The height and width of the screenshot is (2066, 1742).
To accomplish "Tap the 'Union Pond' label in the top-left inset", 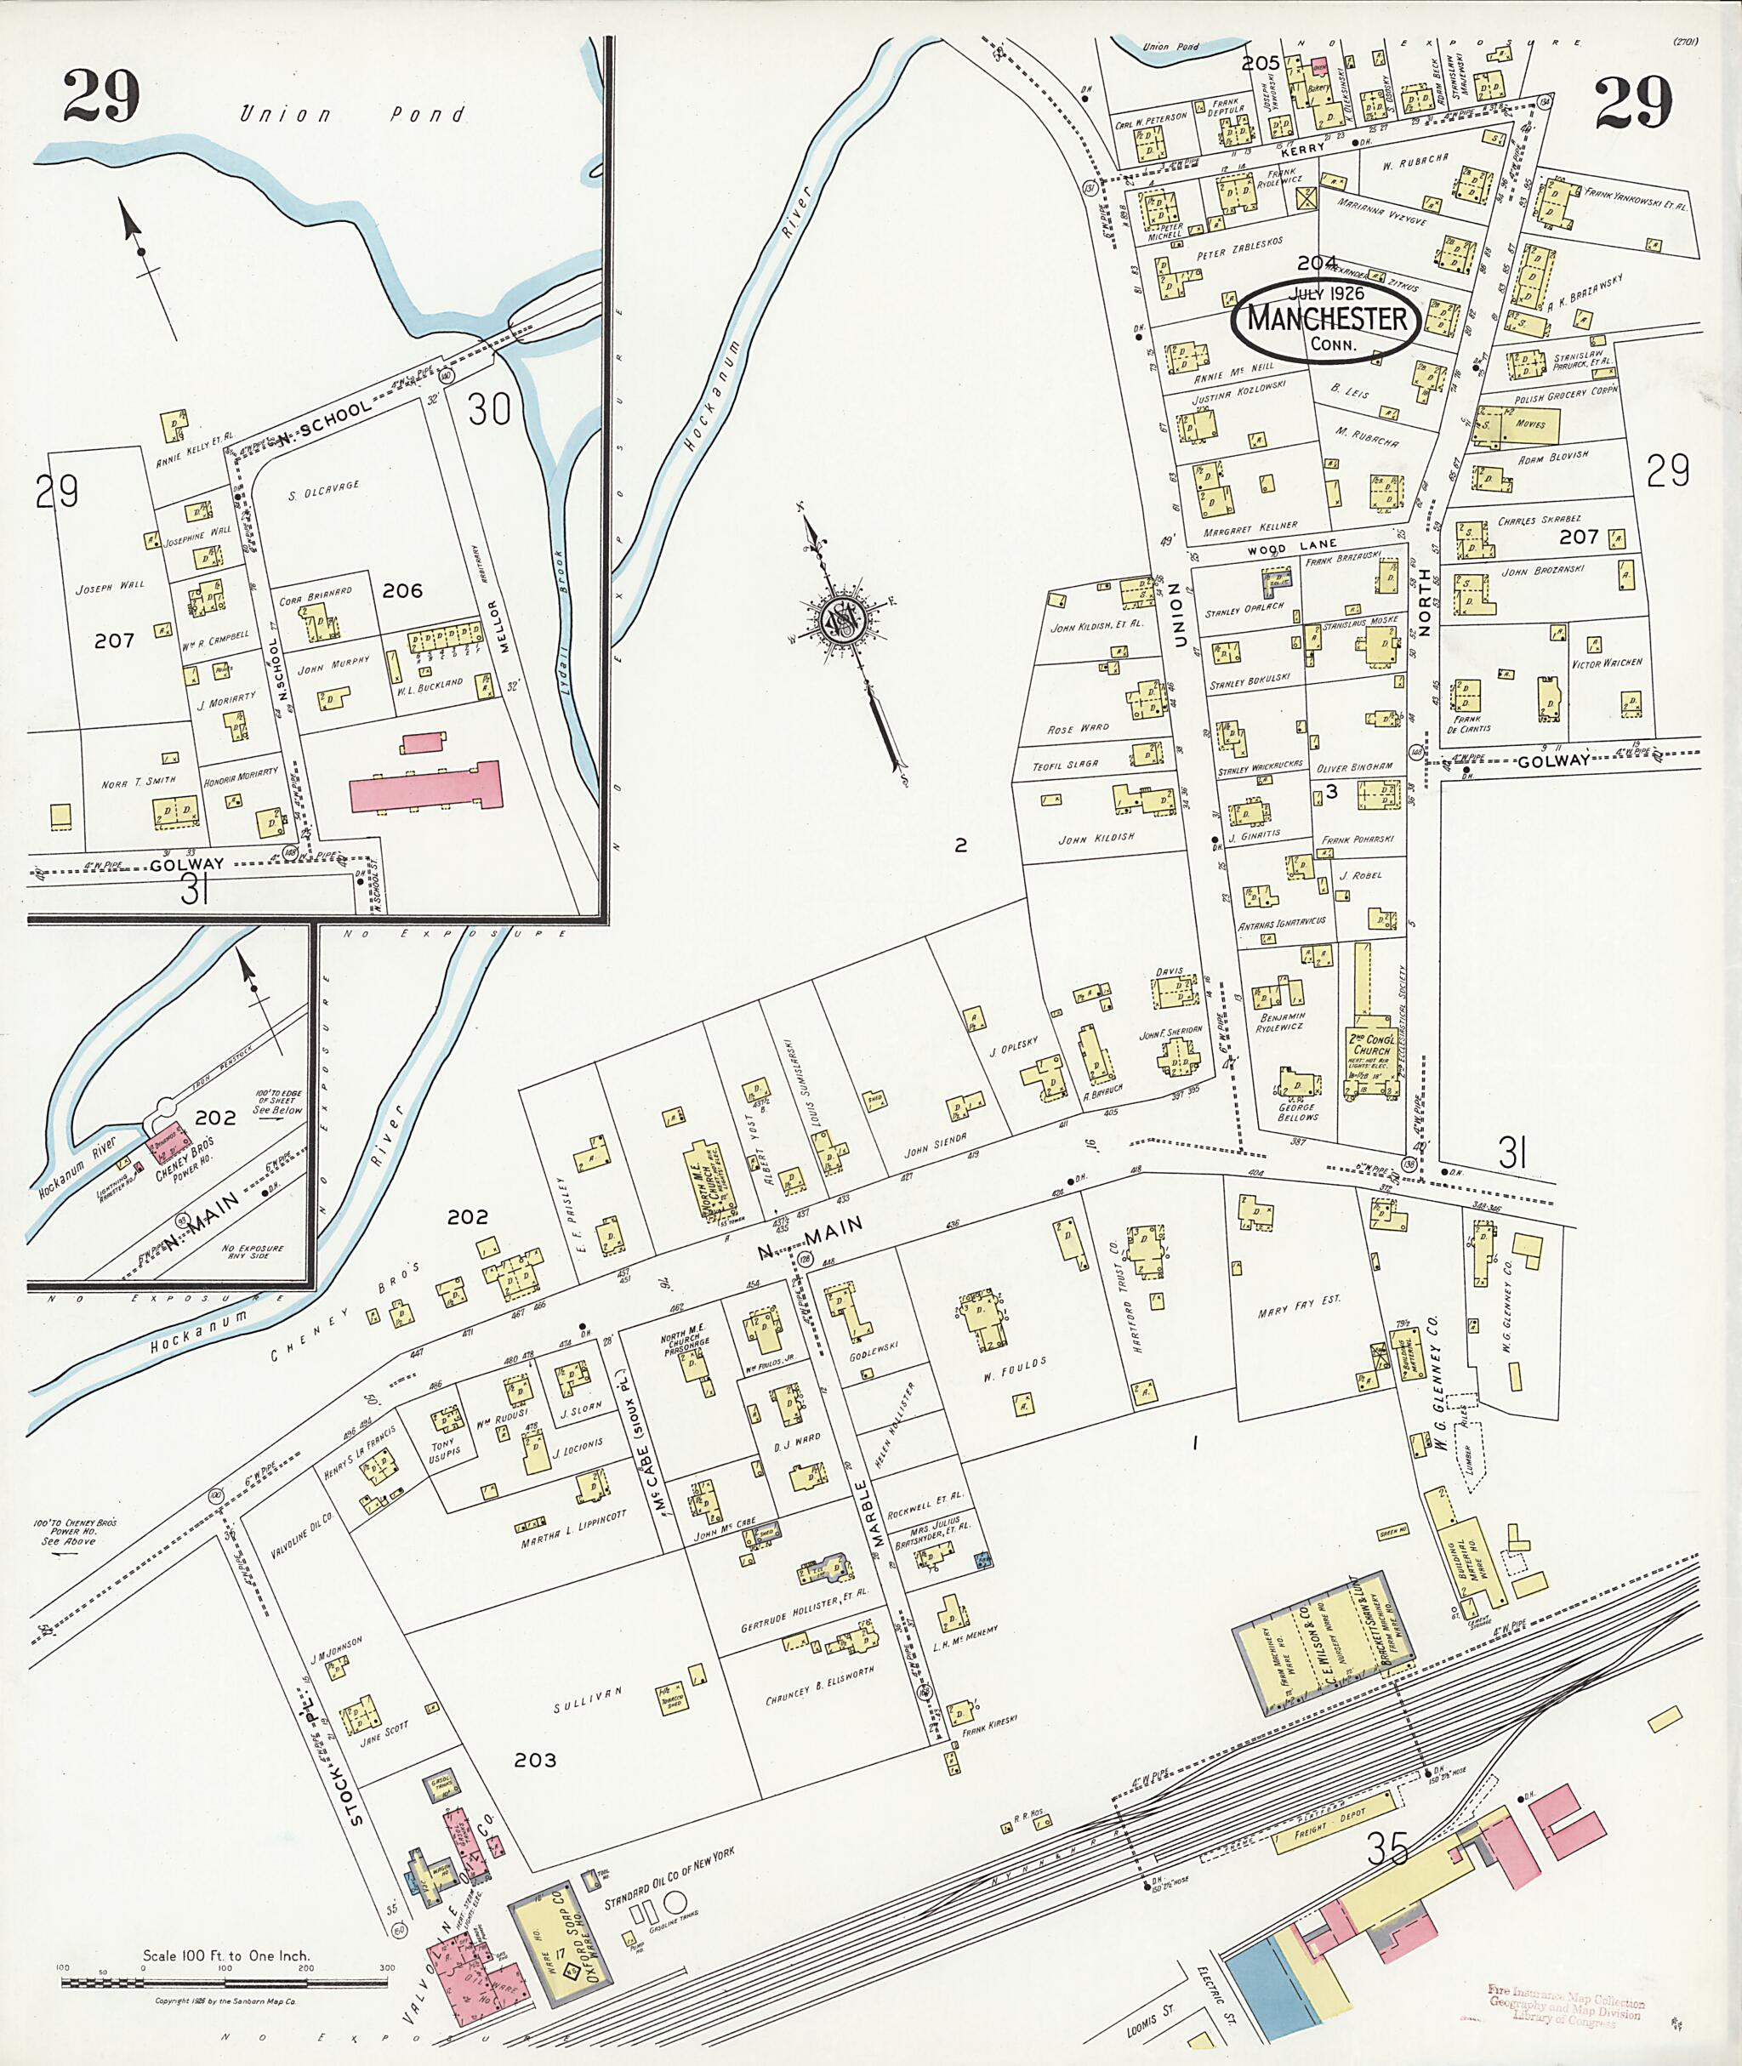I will tap(350, 115).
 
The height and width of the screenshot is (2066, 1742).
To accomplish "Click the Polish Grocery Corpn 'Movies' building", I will tap(1526, 424).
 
